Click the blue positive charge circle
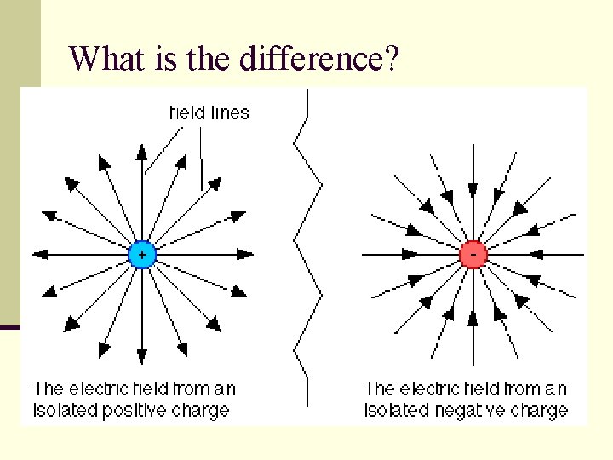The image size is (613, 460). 141,254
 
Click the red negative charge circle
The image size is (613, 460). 473,254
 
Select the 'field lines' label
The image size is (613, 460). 209,112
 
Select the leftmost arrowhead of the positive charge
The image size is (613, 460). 38,254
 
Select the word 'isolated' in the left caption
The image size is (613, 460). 62,410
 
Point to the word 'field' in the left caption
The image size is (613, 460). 147,389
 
